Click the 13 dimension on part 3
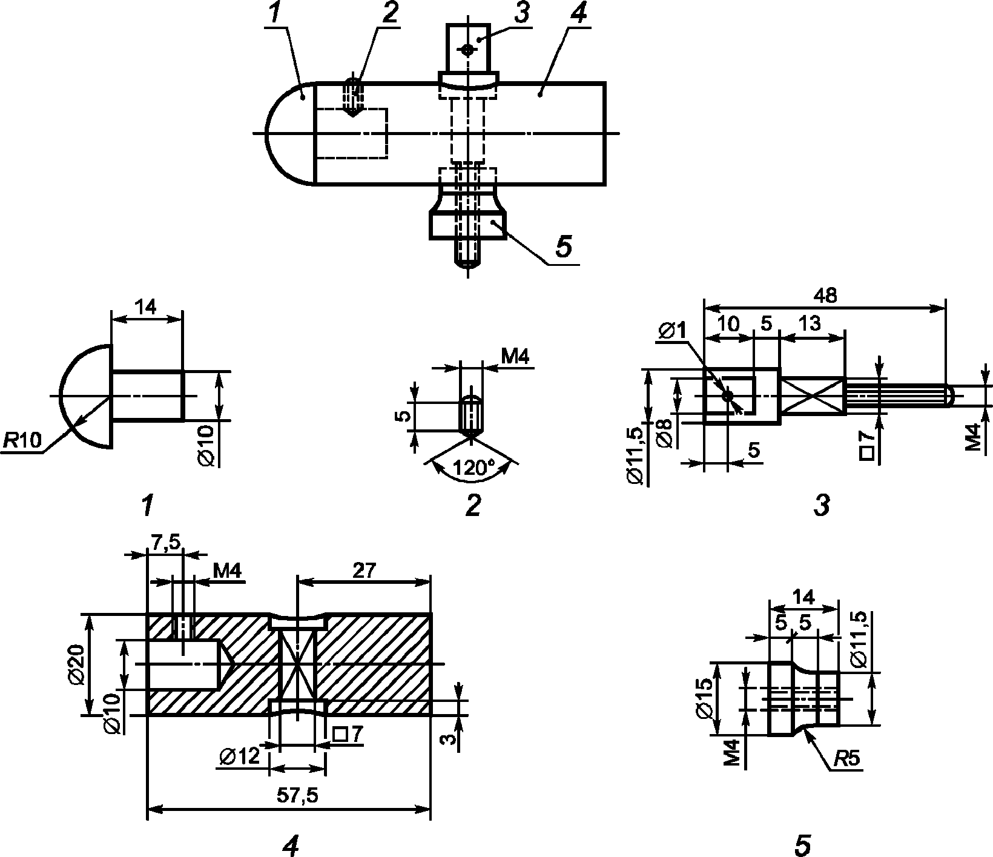click(810, 323)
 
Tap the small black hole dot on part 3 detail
click(727, 396)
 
